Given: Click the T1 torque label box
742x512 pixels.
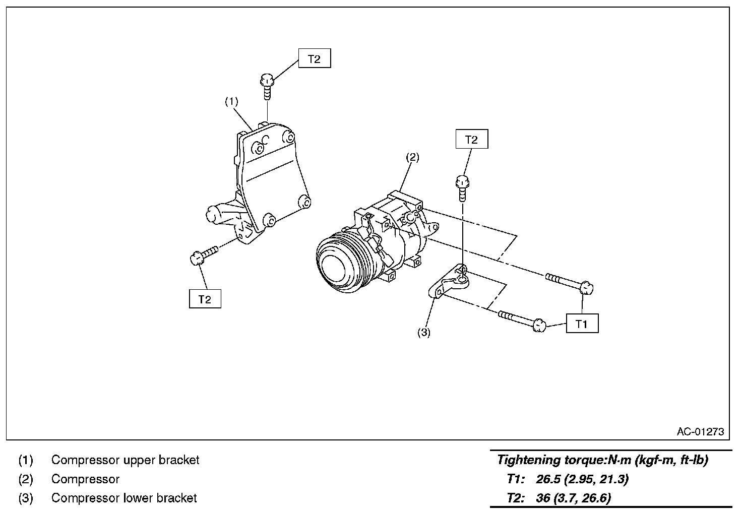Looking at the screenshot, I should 582,324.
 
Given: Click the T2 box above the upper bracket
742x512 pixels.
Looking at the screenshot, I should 314,59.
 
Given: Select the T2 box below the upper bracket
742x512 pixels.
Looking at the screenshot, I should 205,299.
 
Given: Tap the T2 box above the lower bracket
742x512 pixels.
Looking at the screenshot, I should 471,140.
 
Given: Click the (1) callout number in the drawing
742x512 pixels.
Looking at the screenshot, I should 231,101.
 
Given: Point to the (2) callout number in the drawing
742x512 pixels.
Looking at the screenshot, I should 412,157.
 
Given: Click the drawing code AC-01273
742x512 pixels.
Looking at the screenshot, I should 700,431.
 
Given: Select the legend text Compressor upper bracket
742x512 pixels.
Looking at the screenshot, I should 125,460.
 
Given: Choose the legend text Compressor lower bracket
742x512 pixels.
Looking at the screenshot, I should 124,498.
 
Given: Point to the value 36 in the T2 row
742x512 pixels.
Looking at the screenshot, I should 543,498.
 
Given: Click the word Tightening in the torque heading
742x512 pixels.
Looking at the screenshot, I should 527,460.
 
